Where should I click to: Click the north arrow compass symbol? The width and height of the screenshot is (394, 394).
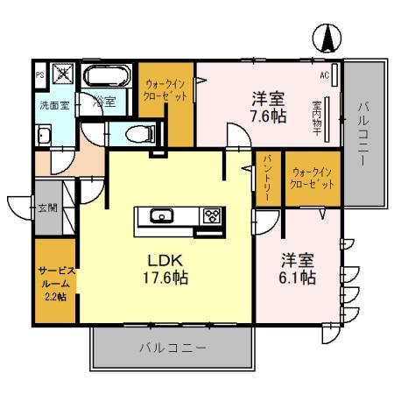point(325,38)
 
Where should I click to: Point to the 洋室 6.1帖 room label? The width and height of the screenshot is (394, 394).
point(298,269)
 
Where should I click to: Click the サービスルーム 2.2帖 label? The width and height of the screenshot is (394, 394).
point(56,283)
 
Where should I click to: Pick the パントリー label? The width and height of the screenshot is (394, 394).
point(268,178)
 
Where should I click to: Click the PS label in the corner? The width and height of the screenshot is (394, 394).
point(39,74)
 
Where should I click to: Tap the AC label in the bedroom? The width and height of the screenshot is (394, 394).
point(323,75)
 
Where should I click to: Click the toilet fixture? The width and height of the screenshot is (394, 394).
point(135,133)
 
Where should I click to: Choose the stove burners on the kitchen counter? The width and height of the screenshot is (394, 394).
point(212,215)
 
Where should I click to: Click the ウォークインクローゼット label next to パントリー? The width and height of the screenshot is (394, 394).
point(313,178)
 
